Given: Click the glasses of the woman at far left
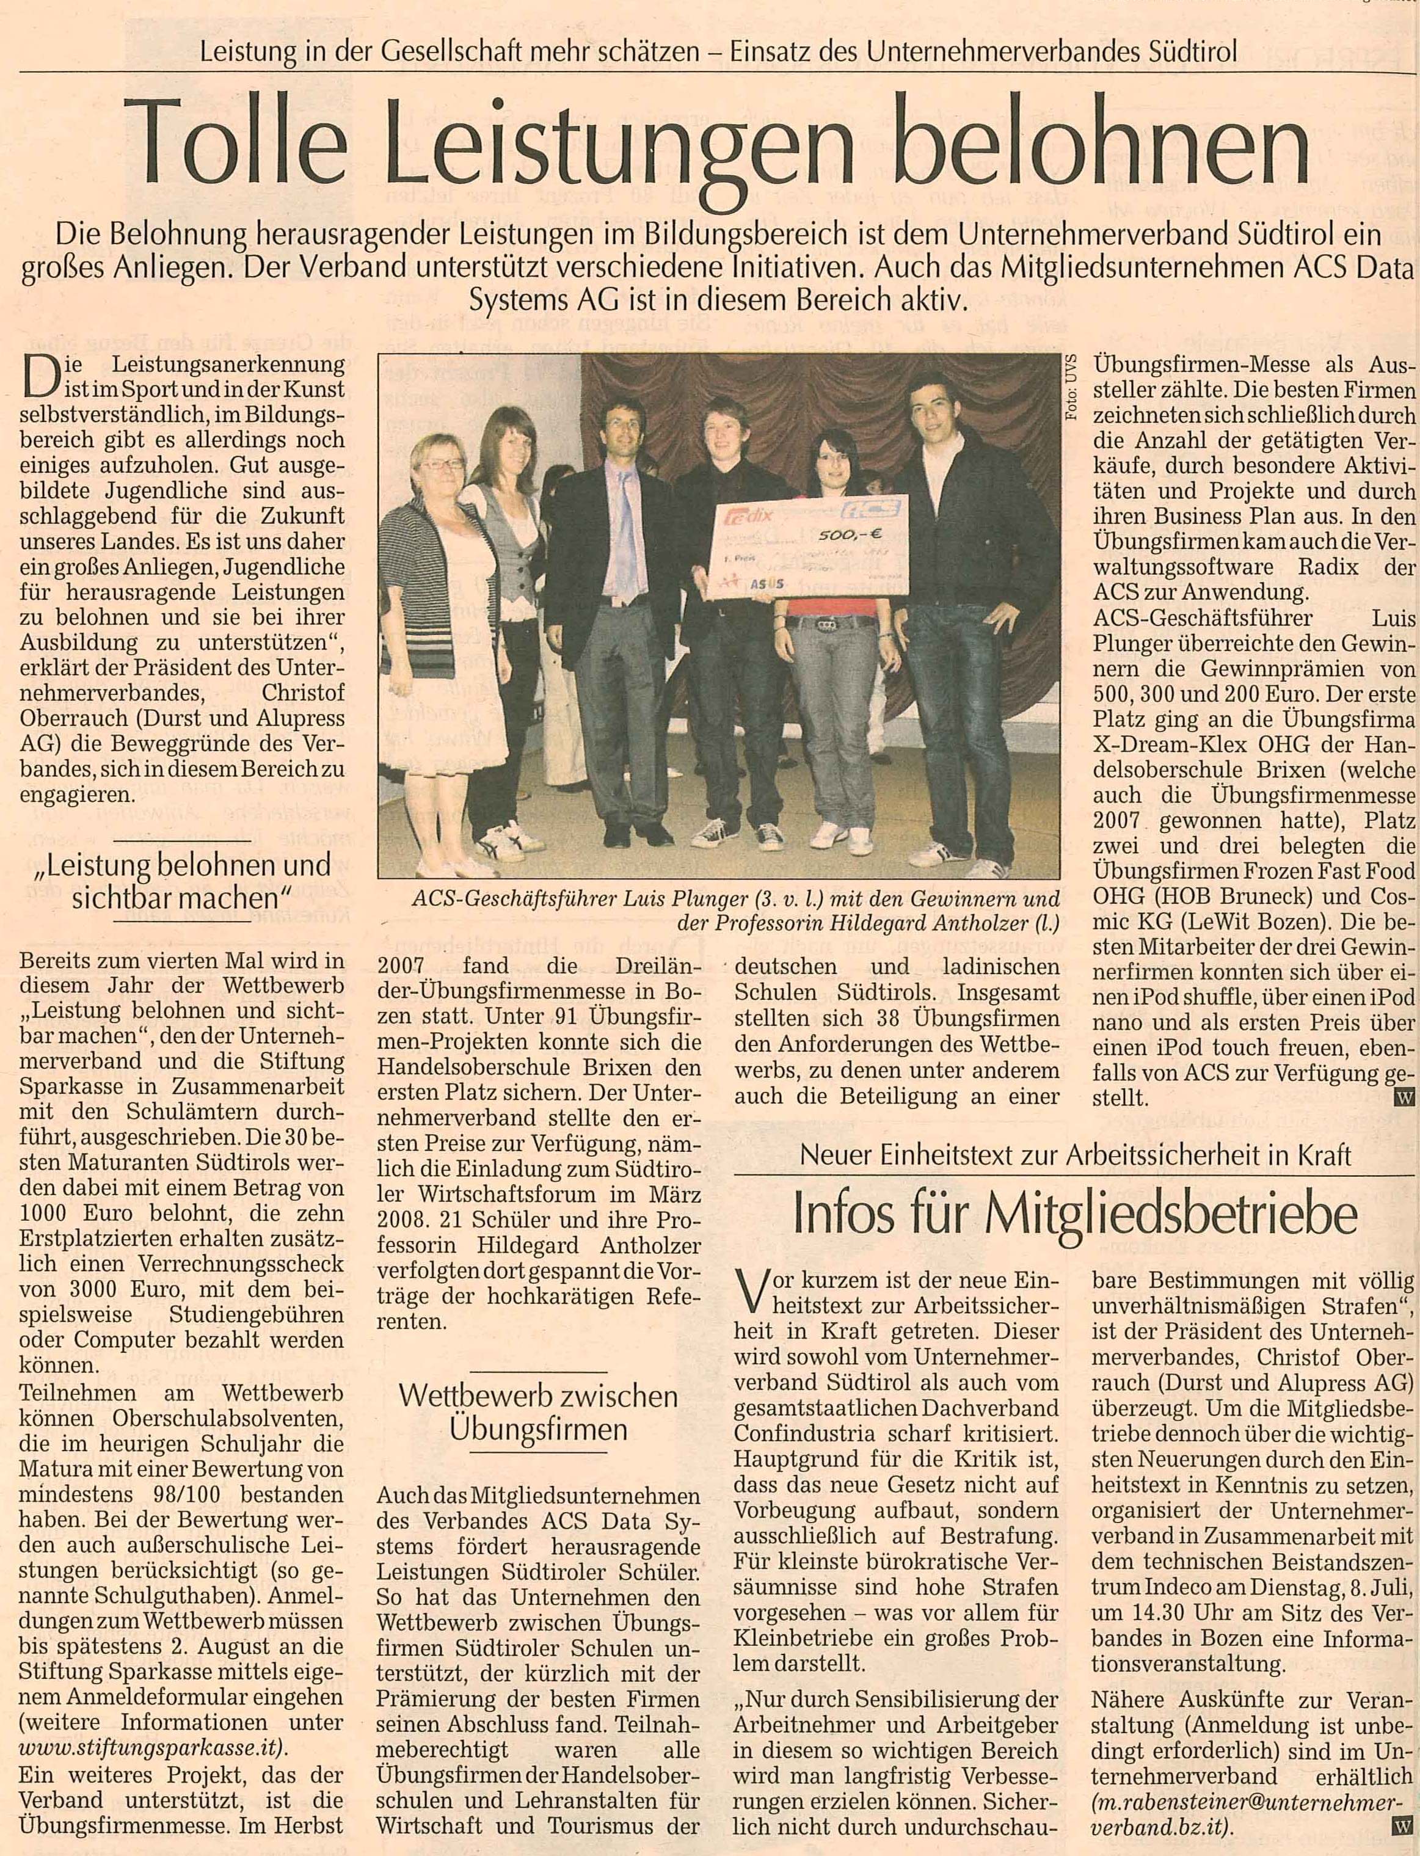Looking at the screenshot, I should pyautogui.click(x=443, y=465).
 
